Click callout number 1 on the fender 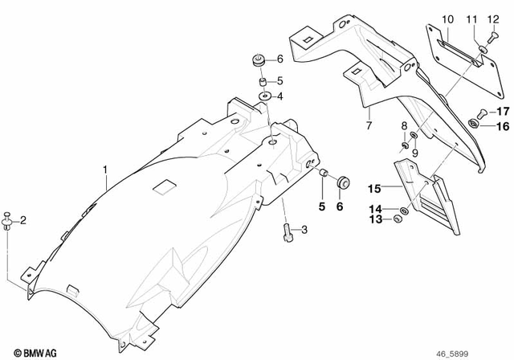104,170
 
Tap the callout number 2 23,220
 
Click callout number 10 447,18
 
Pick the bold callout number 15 373,190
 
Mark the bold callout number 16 502,126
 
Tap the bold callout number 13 373,220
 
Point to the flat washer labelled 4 263,97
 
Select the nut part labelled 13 398,220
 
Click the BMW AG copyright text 27,351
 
